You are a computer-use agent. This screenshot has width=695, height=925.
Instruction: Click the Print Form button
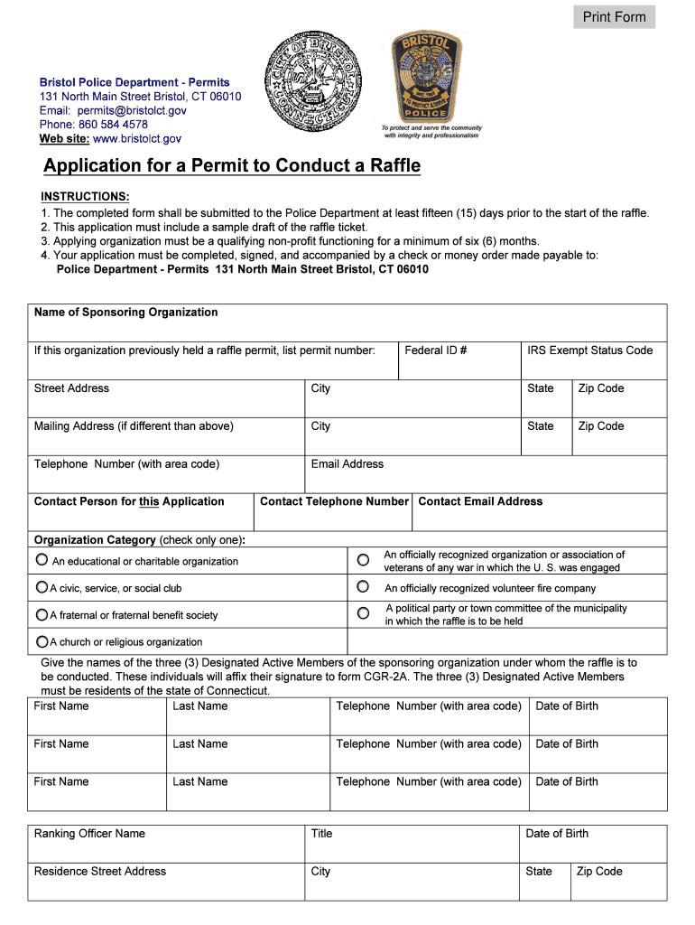coord(614,17)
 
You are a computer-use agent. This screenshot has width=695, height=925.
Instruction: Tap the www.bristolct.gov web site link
coord(137,138)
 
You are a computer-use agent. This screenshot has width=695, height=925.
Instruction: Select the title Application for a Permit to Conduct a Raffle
coord(232,166)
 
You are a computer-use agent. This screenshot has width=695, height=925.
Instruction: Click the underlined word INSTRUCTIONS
coord(85,197)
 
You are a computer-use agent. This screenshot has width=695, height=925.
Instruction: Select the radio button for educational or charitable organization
coord(42,560)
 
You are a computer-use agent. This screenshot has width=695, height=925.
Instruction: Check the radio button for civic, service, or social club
coord(42,587)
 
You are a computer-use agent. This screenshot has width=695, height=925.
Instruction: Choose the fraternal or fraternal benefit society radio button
coord(42,614)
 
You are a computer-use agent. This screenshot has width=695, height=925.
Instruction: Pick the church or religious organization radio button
coord(42,641)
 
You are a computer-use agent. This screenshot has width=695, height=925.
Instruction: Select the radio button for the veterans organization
coord(363,560)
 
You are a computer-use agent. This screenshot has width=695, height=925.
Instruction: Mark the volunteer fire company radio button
coord(363,587)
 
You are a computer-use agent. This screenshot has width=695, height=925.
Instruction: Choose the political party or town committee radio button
coord(363,613)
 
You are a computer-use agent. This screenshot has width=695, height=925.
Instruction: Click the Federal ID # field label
coord(435,350)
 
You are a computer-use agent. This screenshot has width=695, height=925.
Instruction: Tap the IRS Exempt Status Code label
coord(589,350)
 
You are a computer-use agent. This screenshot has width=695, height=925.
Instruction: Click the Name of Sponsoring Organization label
coord(125,313)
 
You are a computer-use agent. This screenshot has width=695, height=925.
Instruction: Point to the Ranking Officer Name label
coord(89,834)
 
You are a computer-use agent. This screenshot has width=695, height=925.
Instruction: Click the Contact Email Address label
coord(480,501)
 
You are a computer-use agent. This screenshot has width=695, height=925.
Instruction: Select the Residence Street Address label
coord(100,872)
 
